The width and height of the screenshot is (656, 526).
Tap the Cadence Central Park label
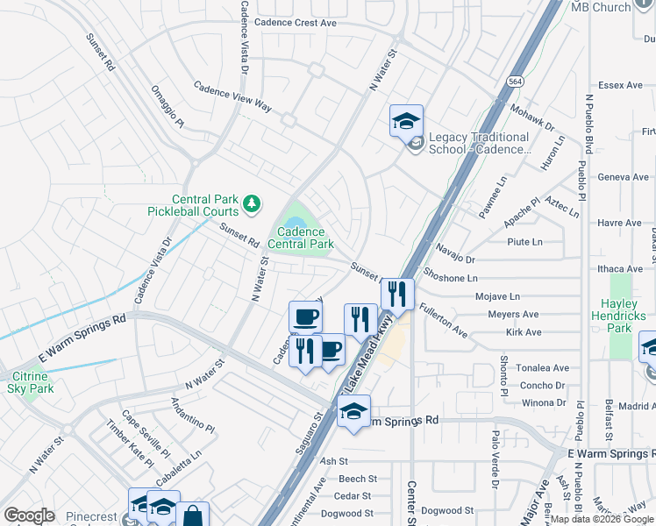[300, 238]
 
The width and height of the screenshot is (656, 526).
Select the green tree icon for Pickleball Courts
[253, 204]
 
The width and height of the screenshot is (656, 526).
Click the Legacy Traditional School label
[479, 143]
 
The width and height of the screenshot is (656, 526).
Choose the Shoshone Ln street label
[450, 278]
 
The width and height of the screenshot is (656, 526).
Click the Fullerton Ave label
[443, 319]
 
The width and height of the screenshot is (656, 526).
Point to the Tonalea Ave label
[544, 368]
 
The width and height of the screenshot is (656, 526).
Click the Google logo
[29, 515]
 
